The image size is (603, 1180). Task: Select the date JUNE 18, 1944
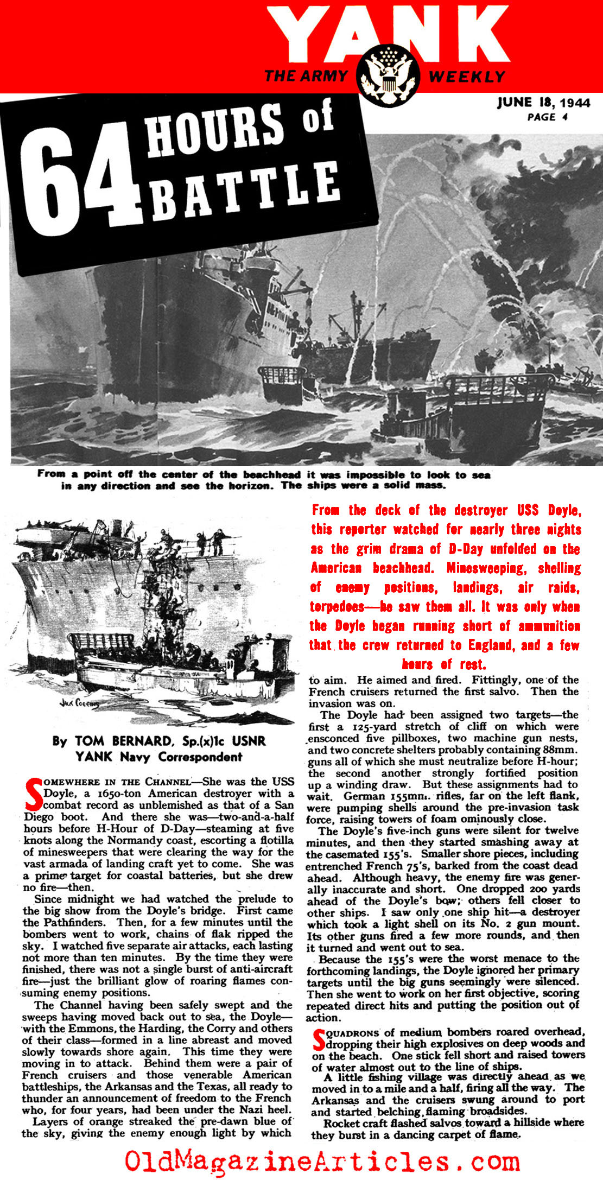tap(543, 103)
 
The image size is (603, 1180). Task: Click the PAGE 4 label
tap(548, 117)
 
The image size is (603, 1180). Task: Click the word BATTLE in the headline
tap(244, 191)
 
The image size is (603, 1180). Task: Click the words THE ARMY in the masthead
tap(306, 75)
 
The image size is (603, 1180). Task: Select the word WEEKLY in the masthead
tap(468, 77)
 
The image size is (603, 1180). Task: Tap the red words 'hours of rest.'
tap(443, 664)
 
